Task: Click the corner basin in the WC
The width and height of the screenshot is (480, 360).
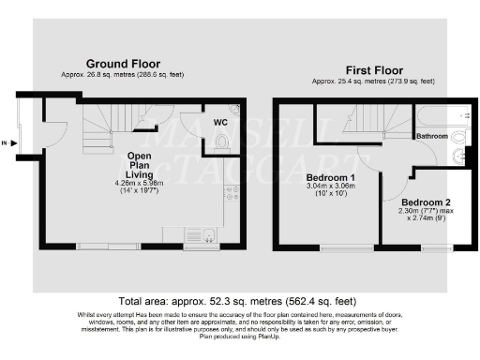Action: pos(235,112)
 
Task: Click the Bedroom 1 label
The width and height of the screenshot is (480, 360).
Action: pos(331,177)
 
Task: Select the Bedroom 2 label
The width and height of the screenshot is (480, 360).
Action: pos(427,202)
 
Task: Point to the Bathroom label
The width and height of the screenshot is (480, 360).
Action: pos(430,137)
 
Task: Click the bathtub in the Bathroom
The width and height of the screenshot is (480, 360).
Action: pos(441,118)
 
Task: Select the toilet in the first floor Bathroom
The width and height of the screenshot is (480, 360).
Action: pos(458,156)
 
